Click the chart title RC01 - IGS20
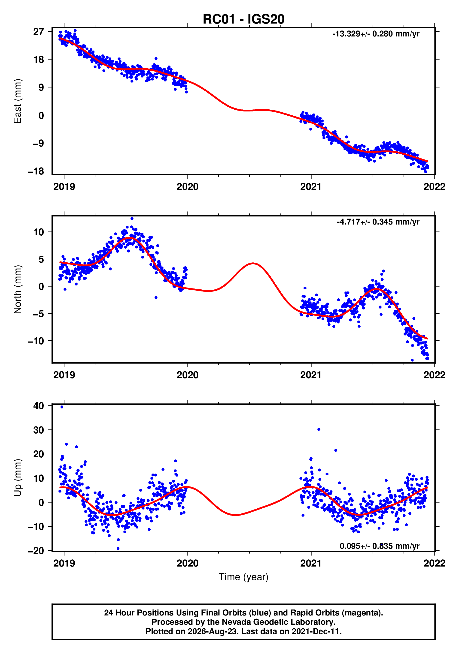243,19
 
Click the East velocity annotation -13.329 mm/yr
376,34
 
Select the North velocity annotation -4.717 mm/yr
378,222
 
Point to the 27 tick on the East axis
39,32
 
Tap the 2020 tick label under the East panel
187,187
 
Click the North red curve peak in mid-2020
253,263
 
